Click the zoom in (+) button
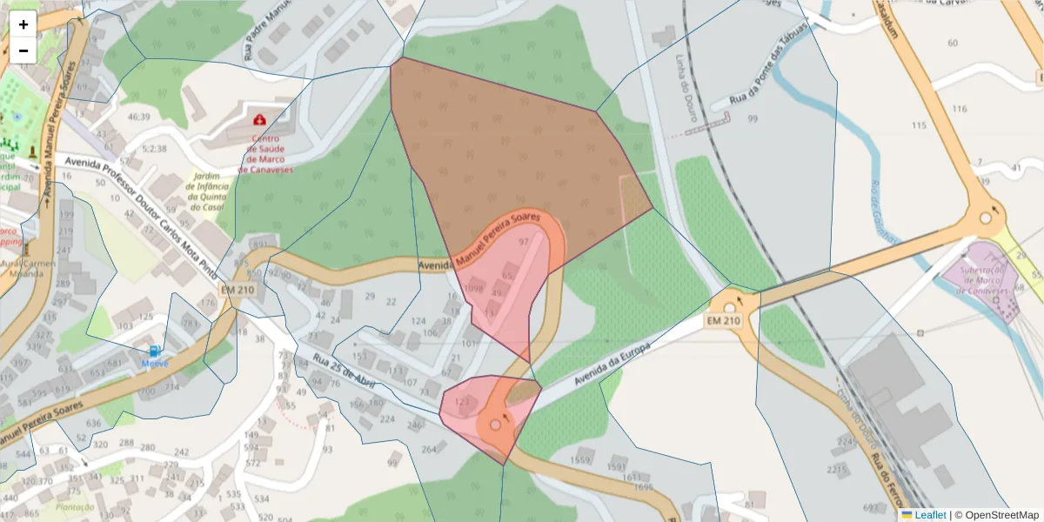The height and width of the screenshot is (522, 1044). coord(23,24)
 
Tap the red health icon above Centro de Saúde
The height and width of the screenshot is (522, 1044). coord(259,119)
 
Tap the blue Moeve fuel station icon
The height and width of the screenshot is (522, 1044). coord(154,351)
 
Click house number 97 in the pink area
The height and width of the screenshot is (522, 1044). coord(523,242)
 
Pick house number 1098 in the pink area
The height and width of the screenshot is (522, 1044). coord(474,288)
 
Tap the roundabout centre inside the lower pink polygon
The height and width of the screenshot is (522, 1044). coord(496,425)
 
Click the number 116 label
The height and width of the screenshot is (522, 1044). coord(960,109)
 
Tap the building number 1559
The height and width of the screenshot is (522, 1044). coord(580,459)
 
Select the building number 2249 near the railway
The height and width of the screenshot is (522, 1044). coord(847,441)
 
